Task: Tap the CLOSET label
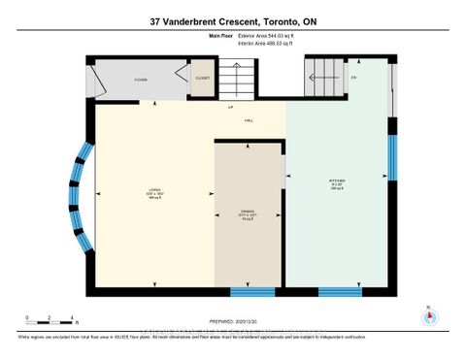(202, 78)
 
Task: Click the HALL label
(249, 120)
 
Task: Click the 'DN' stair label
(354, 77)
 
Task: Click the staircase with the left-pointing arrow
(327, 70)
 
